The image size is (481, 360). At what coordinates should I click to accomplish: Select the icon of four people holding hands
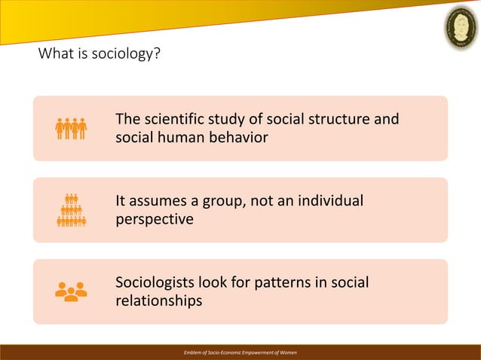(x=72, y=128)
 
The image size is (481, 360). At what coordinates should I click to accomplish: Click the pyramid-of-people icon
(x=72, y=210)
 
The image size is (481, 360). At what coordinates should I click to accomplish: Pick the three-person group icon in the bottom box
(x=72, y=291)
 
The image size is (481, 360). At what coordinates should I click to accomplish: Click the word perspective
(x=154, y=220)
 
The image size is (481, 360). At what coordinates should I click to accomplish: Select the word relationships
(x=158, y=301)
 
